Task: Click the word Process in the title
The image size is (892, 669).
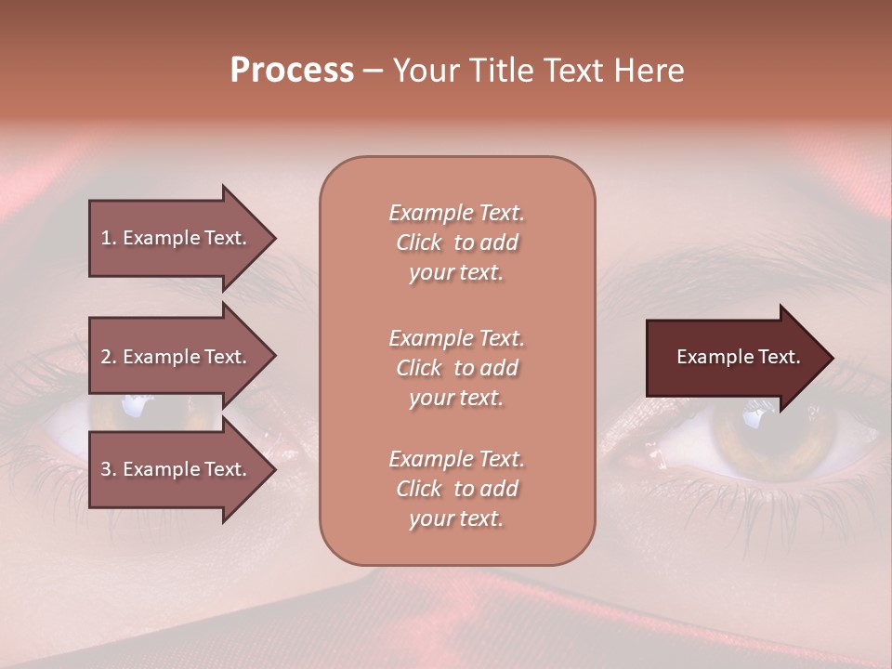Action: [292, 71]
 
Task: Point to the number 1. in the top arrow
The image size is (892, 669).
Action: [109, 238]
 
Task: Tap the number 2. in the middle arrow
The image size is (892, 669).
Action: [109, 357]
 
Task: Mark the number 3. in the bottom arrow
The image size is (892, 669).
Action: [109, 469]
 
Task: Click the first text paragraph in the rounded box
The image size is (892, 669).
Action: [456, 243]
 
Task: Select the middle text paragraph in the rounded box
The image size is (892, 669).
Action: [456, 368]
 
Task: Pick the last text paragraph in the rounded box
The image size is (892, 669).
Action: [456, 489]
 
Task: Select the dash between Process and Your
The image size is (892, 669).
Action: [374, 72]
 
